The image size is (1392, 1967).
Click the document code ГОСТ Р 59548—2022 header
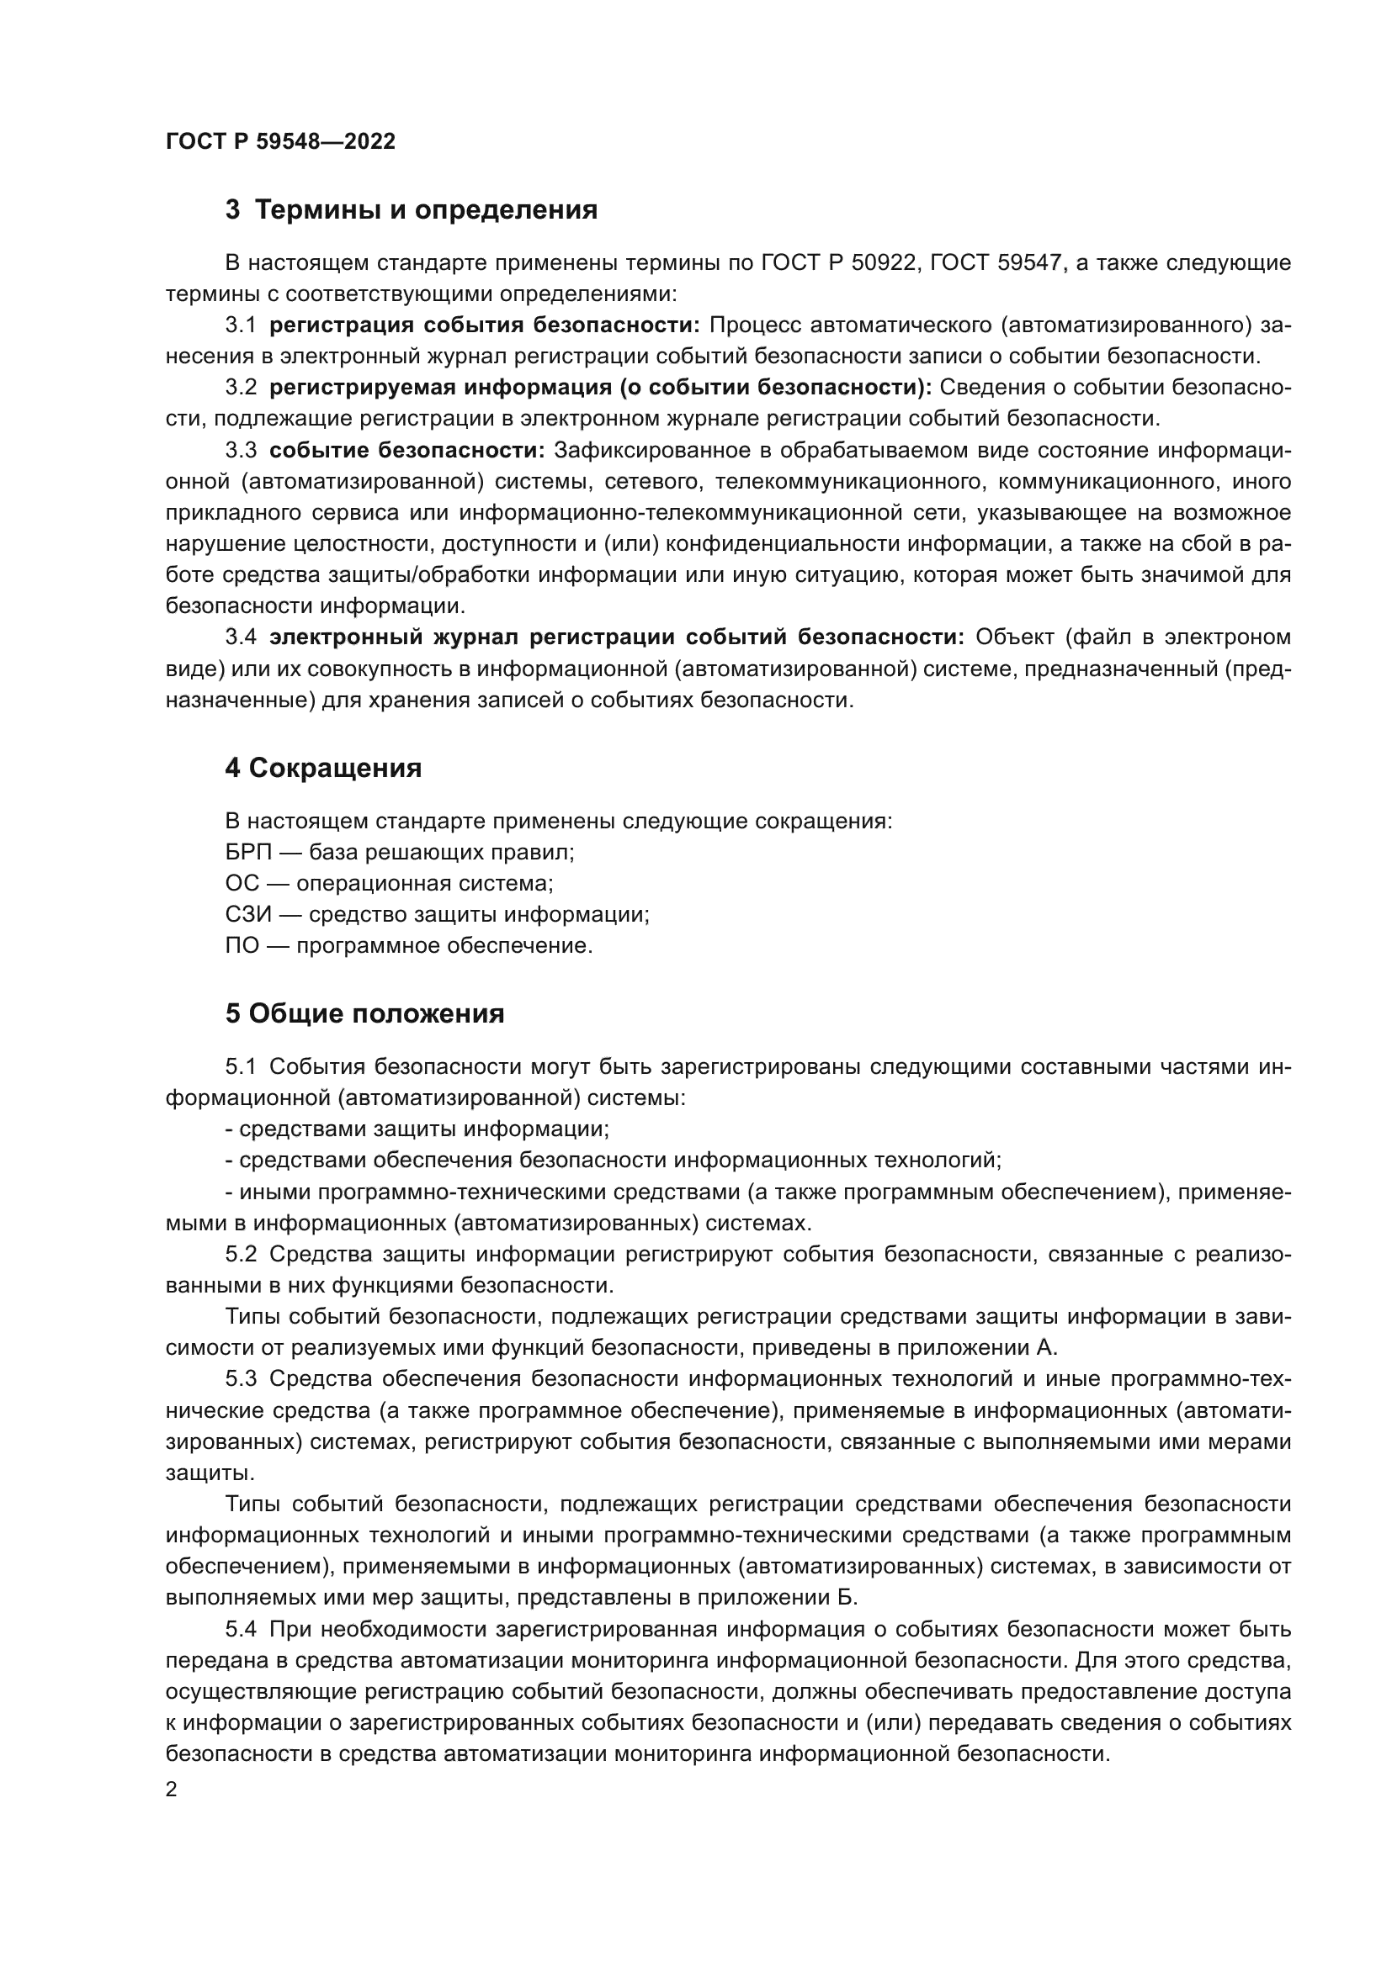[x=280, y=142]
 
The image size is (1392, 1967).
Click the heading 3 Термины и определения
[x=412, y=210]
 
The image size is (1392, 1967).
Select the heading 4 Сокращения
[x=323, y=769]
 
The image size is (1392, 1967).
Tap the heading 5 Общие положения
[x=364, y=1014]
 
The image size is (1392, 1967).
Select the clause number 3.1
[x=241, y=325]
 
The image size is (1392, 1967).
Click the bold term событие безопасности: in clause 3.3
[x=407, y=451]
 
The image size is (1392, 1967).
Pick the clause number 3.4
[x=241, y=637]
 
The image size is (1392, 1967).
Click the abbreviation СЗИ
[x=247, y=915]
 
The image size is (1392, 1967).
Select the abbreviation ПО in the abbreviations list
[x=242, y=947]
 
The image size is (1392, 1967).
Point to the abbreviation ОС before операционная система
[x=242, y=884]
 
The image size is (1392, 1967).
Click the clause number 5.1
[x=241, y=1067]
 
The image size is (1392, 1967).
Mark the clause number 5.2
[x=241, y=1255]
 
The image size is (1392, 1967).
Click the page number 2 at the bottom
[x=172, y=1790]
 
